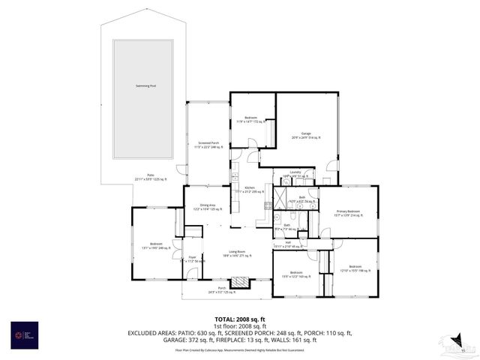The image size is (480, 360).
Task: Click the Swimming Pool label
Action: tap(145, 86)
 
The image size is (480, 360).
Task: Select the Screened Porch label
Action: tap(208, 145)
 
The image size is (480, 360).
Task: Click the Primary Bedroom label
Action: tap(347, 213)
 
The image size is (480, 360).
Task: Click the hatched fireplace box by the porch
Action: tap(240, 282)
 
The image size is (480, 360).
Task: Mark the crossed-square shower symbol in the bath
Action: tap(279, 196)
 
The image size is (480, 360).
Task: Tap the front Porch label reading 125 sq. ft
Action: tap(222, 289)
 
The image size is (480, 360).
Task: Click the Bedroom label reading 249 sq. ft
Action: tap(156, 245)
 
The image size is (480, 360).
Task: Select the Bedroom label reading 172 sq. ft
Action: tap(251, 119)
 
